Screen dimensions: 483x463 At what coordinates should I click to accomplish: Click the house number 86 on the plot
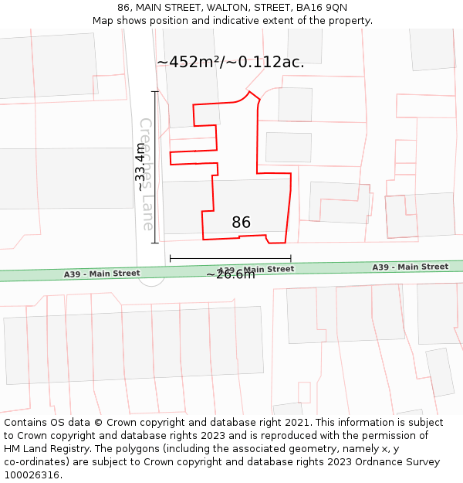(x=241, y=223)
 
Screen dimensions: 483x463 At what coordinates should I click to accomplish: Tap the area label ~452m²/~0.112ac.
(x=230, y=63)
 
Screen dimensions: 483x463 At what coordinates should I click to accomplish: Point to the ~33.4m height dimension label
(x=140, y=167)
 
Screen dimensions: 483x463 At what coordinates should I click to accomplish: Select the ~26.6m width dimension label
(x=230, y=274)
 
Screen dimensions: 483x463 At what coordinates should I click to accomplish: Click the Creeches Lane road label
(x=147, y=174)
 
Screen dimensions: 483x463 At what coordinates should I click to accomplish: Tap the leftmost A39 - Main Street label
(x=102, y=274)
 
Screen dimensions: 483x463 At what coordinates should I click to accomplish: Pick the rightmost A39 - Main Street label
(x=410, y=267)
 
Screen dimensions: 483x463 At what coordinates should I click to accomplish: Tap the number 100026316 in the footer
(x=32, y=475)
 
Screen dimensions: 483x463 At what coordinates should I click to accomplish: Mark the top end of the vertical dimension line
(x=155, y=91)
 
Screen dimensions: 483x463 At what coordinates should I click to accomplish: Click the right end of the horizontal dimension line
(x=291, y=258)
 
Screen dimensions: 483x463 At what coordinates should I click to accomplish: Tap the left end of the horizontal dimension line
(x=170, y=258)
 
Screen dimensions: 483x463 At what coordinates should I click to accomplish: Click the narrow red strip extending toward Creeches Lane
(x=193, y=157)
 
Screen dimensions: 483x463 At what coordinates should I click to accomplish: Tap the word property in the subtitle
(x=350, y=20)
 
